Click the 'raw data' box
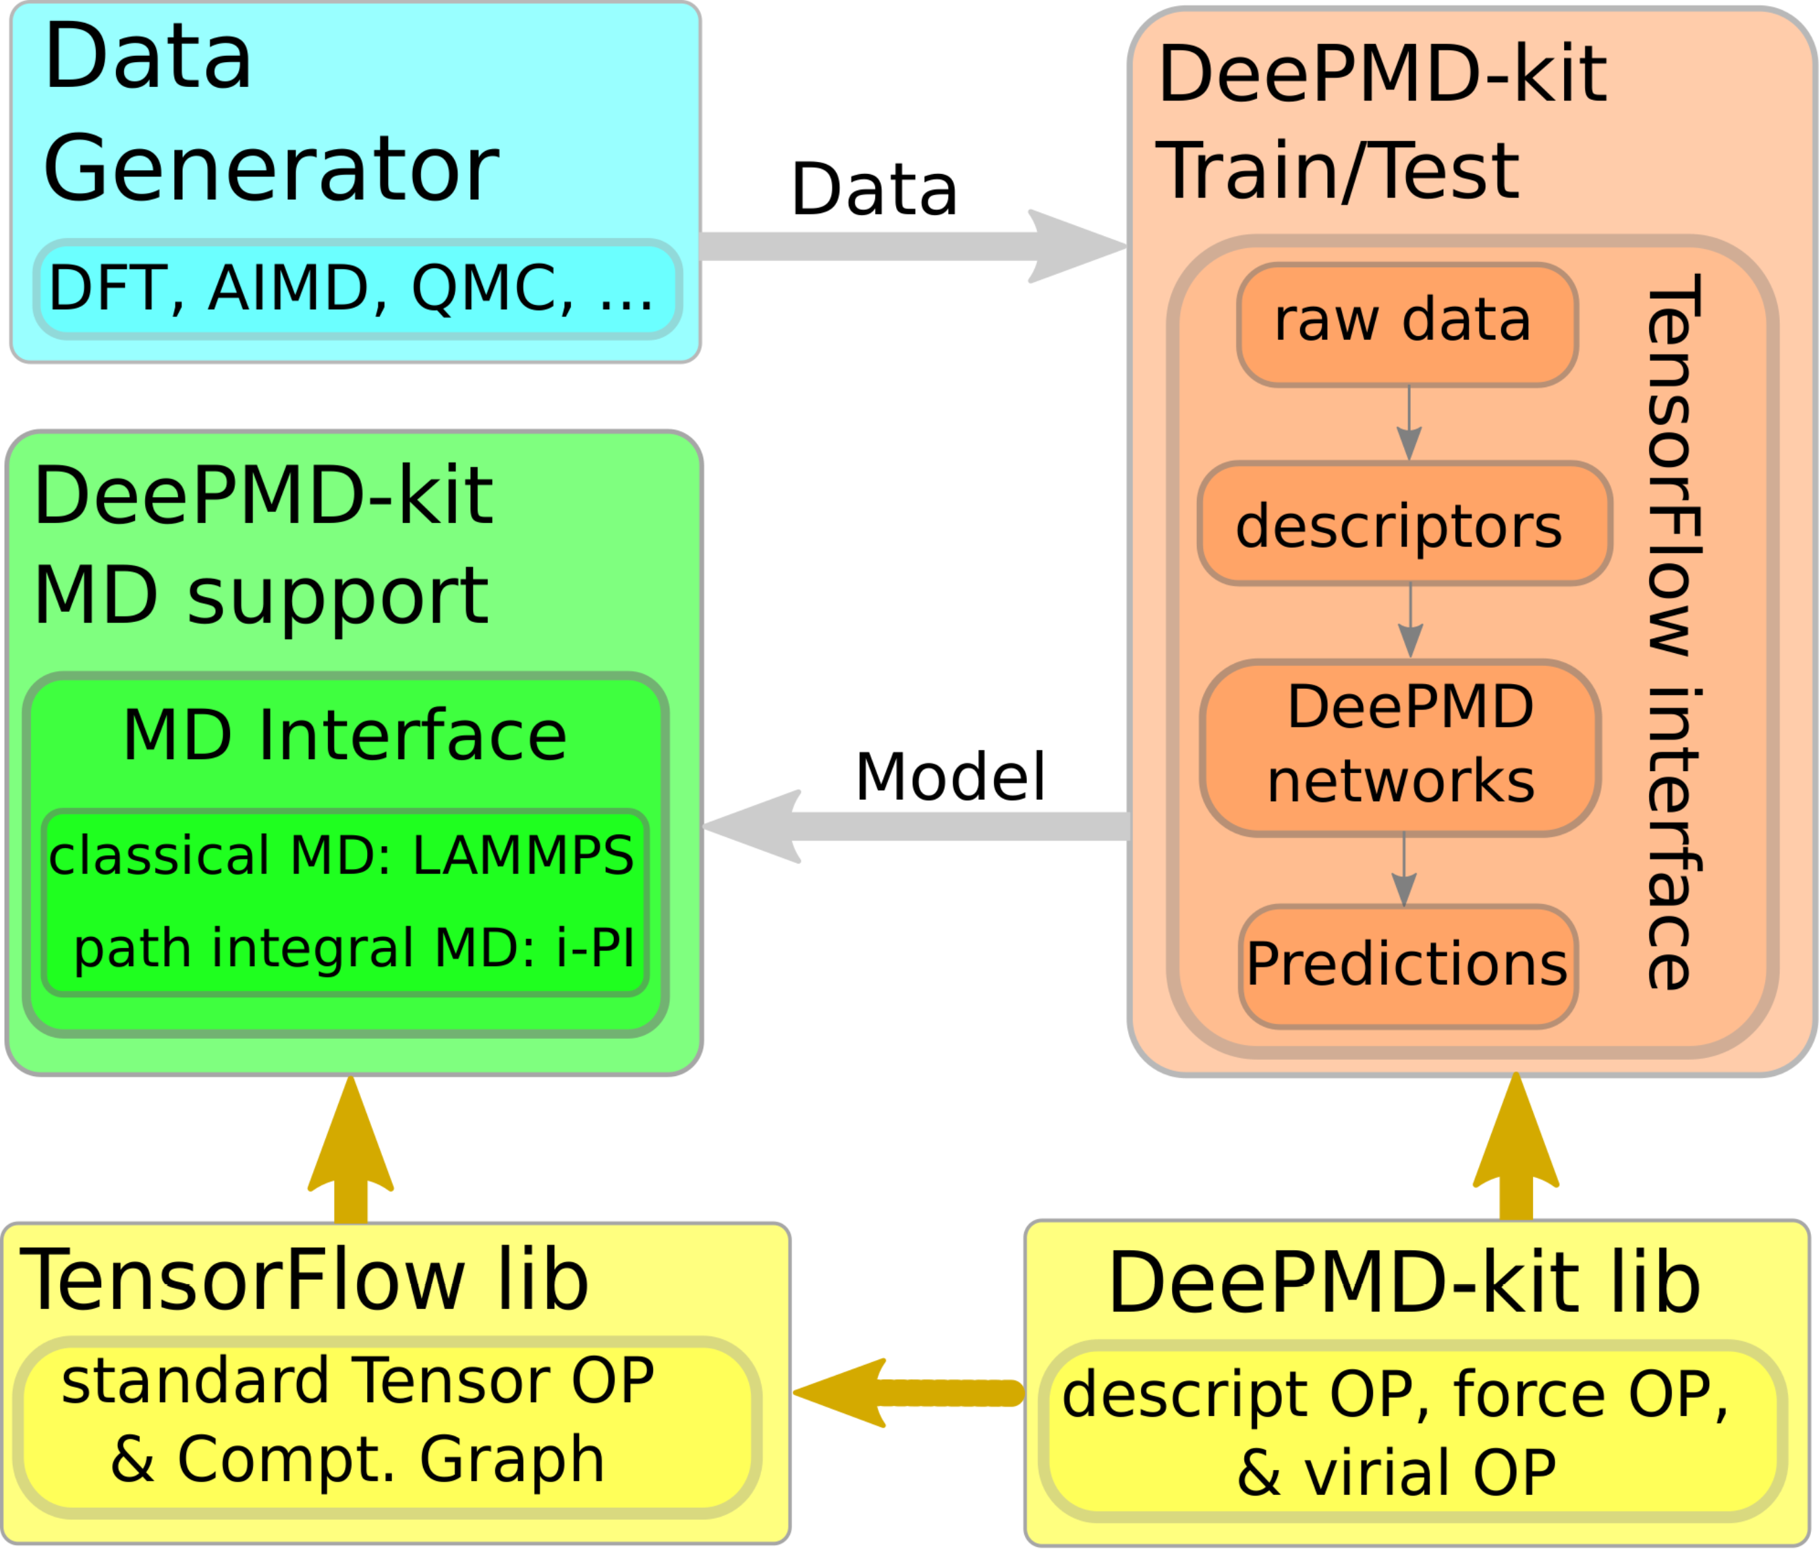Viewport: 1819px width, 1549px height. click(1407, 325)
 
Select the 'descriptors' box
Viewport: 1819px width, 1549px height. click(1405, 523)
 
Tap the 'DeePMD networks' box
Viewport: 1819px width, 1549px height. click(1400, 748)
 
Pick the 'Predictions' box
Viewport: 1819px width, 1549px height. click(1408, 966)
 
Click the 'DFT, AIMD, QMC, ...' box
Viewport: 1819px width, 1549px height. click(358, 289)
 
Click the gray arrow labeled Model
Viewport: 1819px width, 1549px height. click(916, 826)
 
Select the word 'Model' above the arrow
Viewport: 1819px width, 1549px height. click(950, 777)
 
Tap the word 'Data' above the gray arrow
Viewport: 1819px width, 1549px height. click(874, 189)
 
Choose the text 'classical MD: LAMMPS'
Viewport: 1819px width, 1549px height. click(341, 855)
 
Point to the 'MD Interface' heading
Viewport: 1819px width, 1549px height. click(344, 735)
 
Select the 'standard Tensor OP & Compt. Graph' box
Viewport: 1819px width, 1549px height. click(387, 1427)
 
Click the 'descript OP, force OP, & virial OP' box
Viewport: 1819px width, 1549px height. click(1414, 1430)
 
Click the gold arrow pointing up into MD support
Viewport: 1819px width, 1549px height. click(350, 1149)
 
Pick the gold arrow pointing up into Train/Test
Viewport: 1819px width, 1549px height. click(1516, 1146)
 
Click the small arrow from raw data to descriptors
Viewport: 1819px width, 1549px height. click(1409, 423)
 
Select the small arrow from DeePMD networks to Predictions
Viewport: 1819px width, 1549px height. click(1404, 870)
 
